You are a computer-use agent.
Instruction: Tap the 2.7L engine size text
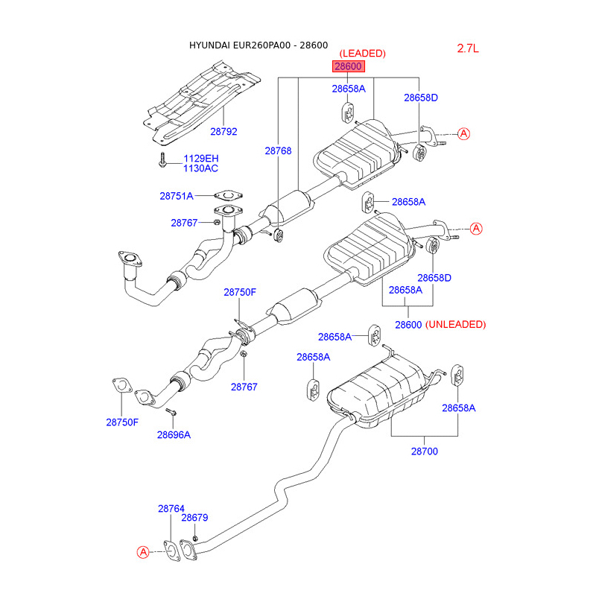(x=468, y=48)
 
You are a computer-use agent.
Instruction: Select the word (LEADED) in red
(x=363, y=54)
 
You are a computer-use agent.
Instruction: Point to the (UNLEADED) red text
(x=455, y=325)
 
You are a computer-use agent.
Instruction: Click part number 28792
(x=223, y=131)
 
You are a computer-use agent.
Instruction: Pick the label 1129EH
(x=201, y=158)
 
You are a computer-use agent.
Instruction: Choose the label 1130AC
(x=201, y=168)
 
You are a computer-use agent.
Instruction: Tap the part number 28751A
(x=176, y=196)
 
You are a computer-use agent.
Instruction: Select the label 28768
(x=277, y=150)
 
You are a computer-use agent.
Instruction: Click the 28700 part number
(x=424, y=451)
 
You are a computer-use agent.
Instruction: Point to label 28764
(x=171, y=509)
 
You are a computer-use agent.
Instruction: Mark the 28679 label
(x=194, y=518)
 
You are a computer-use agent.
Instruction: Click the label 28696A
(x=174, y=434)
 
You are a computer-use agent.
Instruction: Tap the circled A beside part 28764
(x=142, y=552)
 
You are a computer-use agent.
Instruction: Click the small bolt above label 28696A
(x=171, y=411)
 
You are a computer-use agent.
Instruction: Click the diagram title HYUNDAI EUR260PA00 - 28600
(x=258, y=45)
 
